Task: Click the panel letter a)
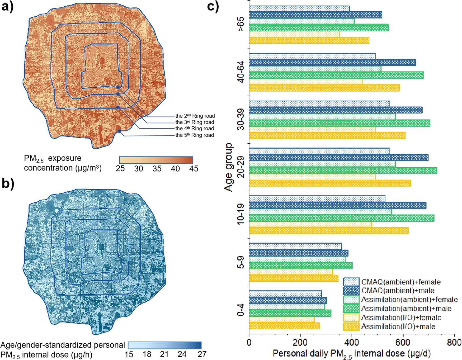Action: [x=7, y=6]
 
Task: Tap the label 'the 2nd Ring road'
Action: [x=195, y=116]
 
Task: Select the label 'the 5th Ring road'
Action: [x=195, y=135]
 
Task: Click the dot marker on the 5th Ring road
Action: [x=119, y=131]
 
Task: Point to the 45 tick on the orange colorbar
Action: [x=194, y=169]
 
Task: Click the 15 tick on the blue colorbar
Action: [x=129, y=354]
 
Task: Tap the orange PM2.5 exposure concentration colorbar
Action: [x=156, y=160]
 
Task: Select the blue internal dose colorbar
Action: [x=165, y=345]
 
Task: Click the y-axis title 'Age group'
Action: [x=229, y=167]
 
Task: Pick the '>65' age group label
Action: [x=241, y=24]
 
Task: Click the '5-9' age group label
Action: [x=241, y=262]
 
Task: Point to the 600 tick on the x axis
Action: [x=403, y=342]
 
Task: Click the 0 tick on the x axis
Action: [x=249, y=342]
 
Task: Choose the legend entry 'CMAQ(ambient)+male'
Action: [x=398, y=291]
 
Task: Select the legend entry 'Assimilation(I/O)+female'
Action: [x=401, y=318]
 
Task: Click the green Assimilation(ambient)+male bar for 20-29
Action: [x=343, y=170]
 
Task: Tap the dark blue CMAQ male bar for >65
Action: [x=315, y=15]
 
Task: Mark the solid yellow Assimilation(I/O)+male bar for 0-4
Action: [x=284, y=326]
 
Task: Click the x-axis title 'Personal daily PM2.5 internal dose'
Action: [x=351, y=354]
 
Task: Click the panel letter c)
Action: [x=213, y=6]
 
